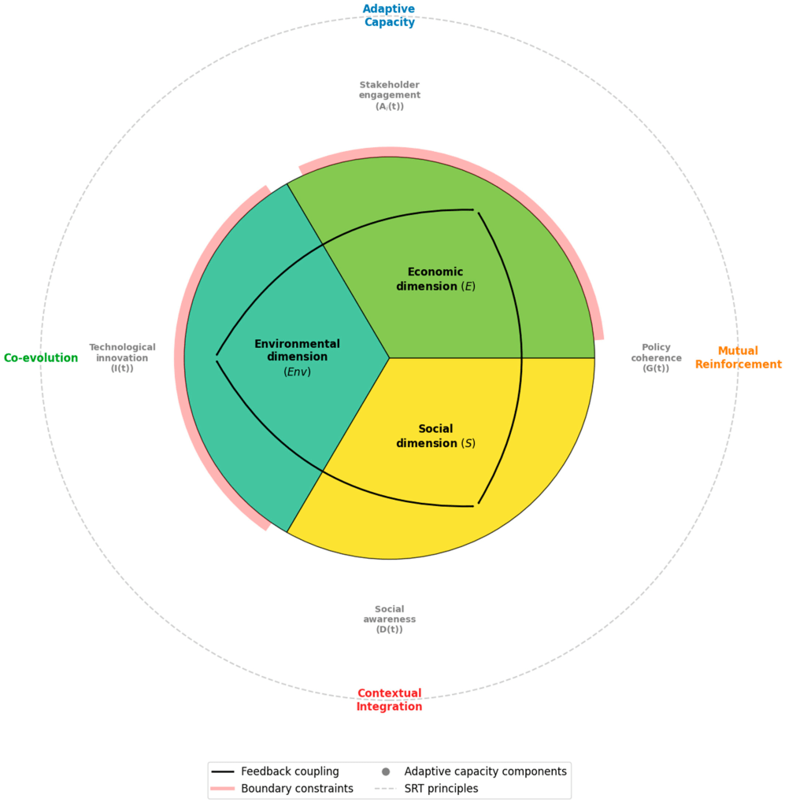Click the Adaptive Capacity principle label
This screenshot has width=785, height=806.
(x=388, y=16)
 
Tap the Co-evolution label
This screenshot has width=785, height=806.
(x=41, y=358)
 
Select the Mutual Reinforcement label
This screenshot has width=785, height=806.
(x=738, y=358)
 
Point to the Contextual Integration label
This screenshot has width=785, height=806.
(x=389, y=700)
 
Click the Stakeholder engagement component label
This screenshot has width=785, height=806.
(x=389, y=95)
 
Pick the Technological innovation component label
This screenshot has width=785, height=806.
(x=122, y=357)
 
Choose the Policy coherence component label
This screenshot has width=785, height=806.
(x=655, y=357)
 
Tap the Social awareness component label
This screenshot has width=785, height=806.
(x=389, y=619)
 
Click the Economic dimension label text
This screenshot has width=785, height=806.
(x=435, y=279)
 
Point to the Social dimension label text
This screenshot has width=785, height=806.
(x=435, y=436)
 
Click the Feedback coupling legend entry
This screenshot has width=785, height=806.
(x=290, y=771)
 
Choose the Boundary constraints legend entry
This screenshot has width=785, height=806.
(x=297, y=788)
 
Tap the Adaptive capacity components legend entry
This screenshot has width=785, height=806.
(x=485, y=771)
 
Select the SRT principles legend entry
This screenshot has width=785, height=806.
(x=441, y=788)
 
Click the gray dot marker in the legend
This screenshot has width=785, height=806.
(x=386, y=771)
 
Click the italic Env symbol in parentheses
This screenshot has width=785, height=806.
(x=297, y=372)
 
